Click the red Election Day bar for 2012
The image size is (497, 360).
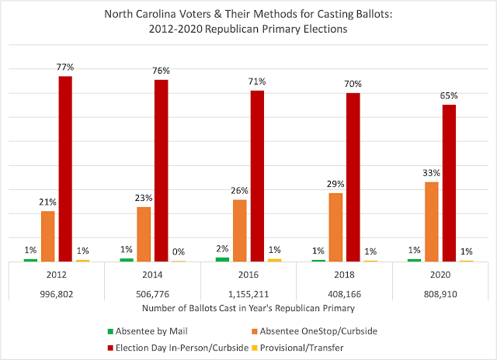(x=66, y=168)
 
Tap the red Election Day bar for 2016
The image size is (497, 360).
(x=257, y=176)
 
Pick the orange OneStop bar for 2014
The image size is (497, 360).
(x=144, y=234)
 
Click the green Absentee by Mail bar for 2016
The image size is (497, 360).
(x=222, y=259)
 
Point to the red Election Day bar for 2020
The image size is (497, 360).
(x=449, y=183)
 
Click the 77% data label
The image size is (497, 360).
(x=66, y=68)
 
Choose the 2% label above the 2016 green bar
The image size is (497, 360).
(x=221, y=249)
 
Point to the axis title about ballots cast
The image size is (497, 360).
(x=248, y=309)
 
